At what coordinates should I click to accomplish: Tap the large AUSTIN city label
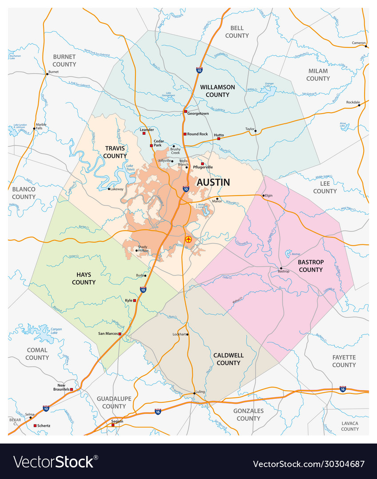coord(213,182)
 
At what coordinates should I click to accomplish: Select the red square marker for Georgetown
coord(186,111)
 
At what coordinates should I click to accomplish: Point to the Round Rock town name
coord(198,134)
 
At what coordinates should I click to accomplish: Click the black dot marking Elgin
coord(264,196)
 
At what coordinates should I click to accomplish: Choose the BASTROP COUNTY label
coord(310,266)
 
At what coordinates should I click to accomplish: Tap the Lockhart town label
coord(179,334)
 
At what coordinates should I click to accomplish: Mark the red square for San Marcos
coord(120,334)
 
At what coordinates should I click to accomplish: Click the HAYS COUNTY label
coord(83,279)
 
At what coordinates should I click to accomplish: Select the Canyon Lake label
coord(56,331)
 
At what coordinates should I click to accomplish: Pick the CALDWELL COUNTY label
coord(228,359)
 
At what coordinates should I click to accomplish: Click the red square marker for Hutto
coord(218,139)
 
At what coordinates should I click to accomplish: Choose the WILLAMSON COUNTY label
coord(217,91)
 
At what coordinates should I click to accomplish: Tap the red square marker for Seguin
coord(113,425)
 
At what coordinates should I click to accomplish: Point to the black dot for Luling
coord(194,393)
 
